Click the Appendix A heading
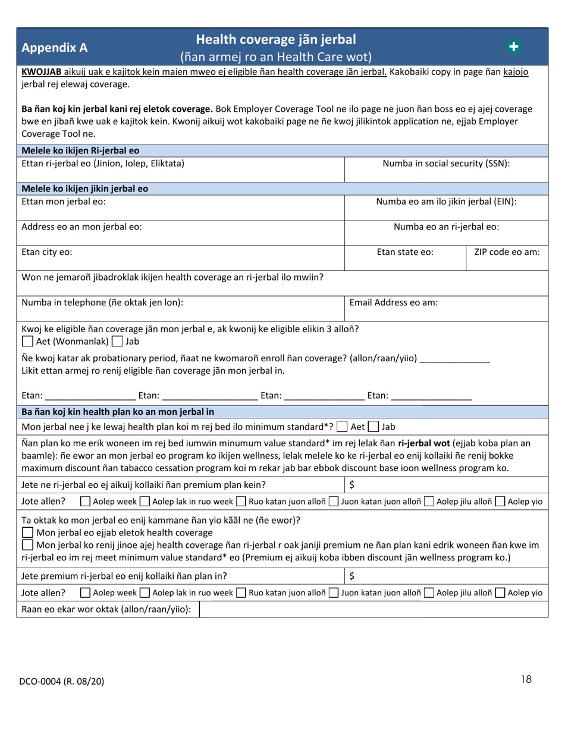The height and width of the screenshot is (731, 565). point(54,47)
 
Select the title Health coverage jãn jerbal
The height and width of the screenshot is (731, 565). point(276,40)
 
